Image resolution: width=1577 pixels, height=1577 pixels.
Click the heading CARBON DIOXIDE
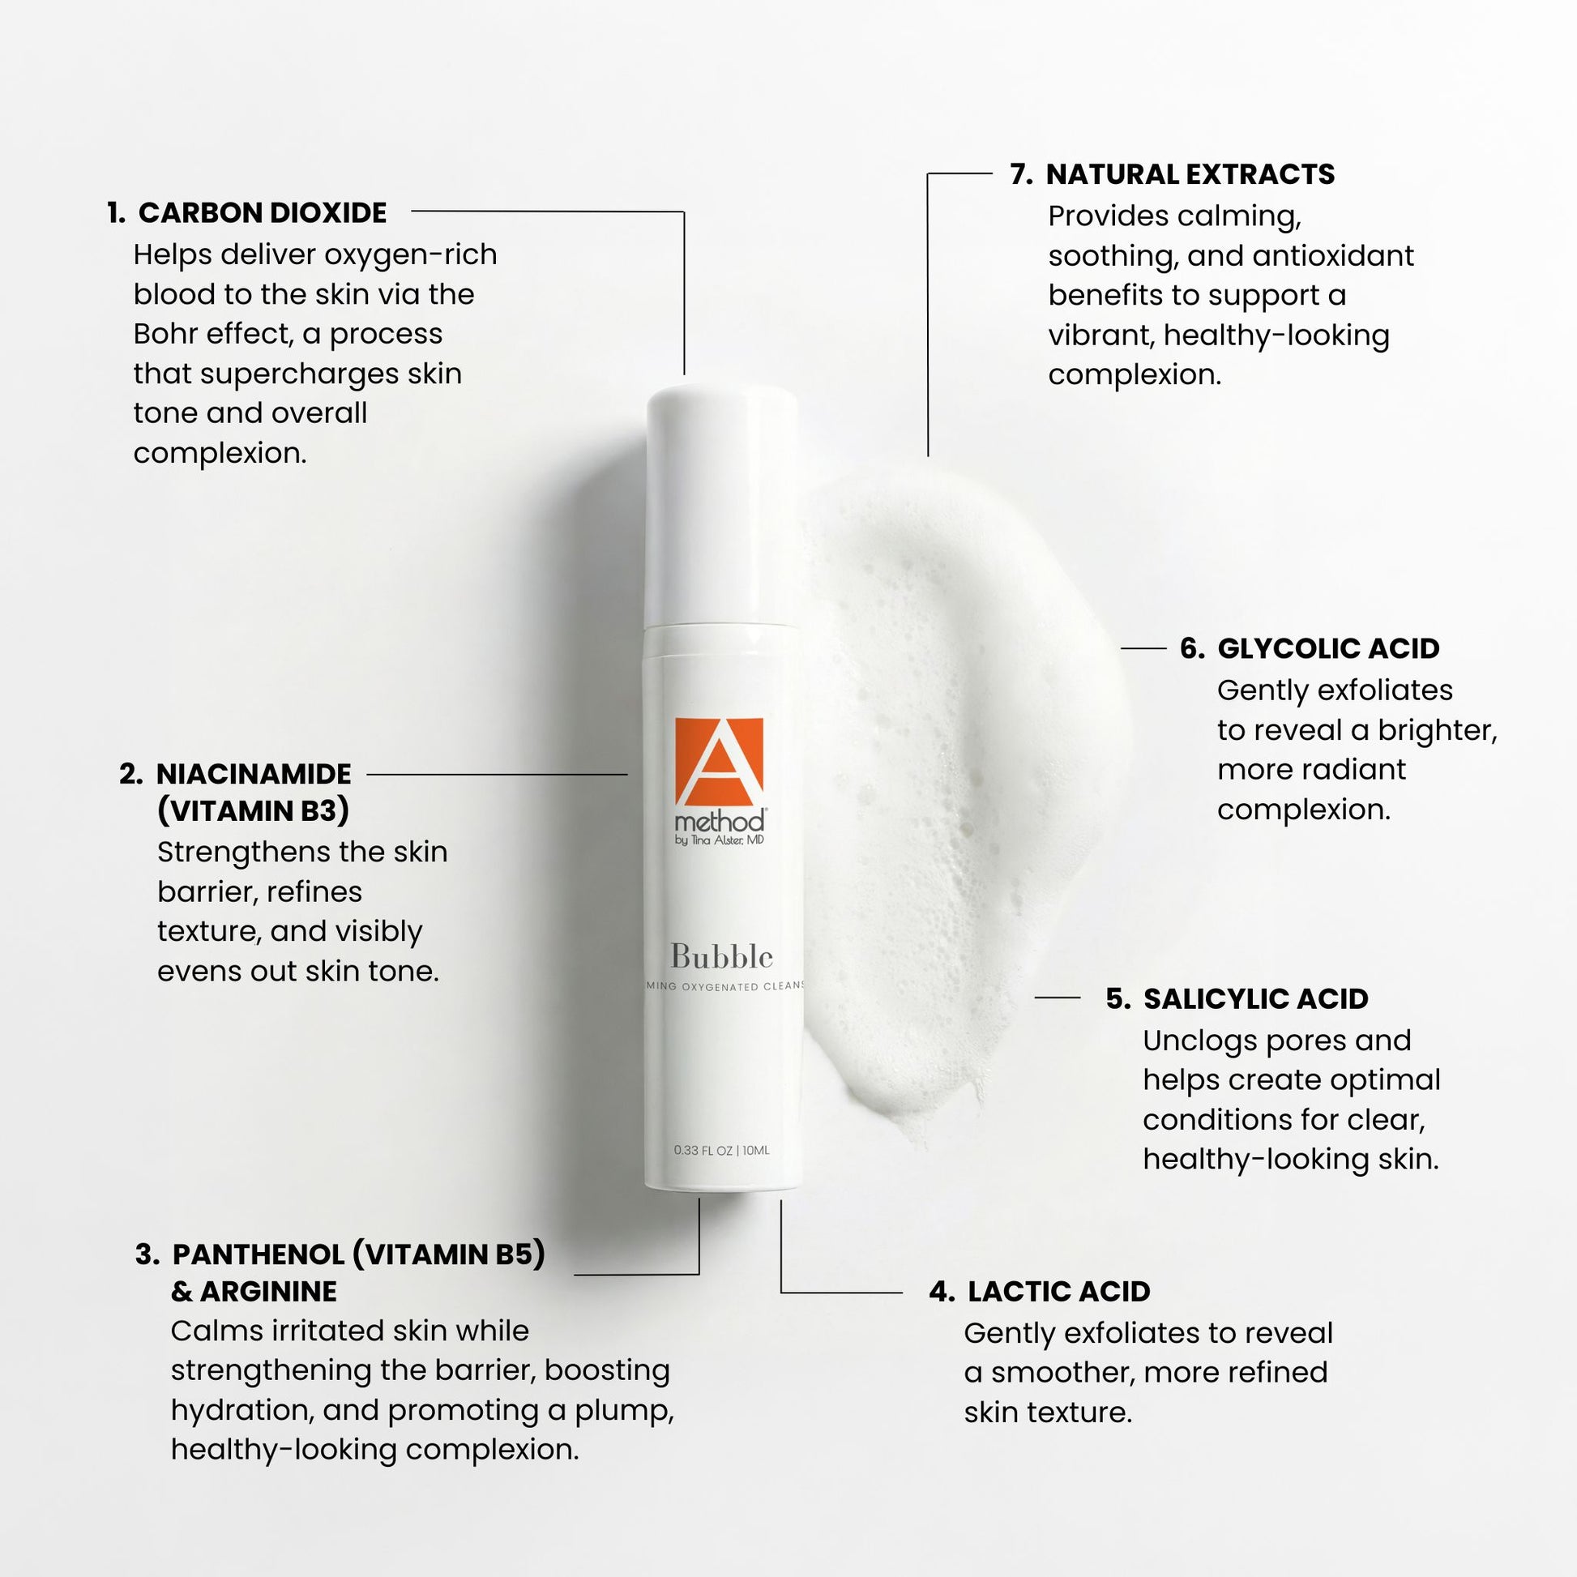(x=262, y=213)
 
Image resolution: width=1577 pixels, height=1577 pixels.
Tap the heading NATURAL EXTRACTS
(x=1190, y=175)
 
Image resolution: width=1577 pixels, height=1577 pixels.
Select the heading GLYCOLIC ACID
(x=1328, y=648)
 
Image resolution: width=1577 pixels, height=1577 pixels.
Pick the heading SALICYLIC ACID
(x=1255, y=999)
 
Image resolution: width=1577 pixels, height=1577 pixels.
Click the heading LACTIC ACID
(x=1058, y=1291)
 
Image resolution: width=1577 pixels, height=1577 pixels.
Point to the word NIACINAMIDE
(x=254, y=774)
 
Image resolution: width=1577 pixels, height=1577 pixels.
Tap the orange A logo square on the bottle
(x=719, y=761)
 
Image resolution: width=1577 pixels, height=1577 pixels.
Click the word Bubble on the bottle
(x=721, y=956)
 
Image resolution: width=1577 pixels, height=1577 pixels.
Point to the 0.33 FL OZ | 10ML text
(x=721, y=1150)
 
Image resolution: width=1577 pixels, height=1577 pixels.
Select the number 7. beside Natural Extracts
(x=1021, y=175)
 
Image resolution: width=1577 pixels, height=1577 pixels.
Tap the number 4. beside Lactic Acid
(x=942, y=1291)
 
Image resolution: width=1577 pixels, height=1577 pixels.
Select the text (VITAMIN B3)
(x=253, y=811)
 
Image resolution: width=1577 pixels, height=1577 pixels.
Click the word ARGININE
(x=267, y=1291)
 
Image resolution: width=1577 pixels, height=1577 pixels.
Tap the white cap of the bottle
(x=722, y=506)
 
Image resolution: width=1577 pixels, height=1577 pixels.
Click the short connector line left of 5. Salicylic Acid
(x=1057, y=998)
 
